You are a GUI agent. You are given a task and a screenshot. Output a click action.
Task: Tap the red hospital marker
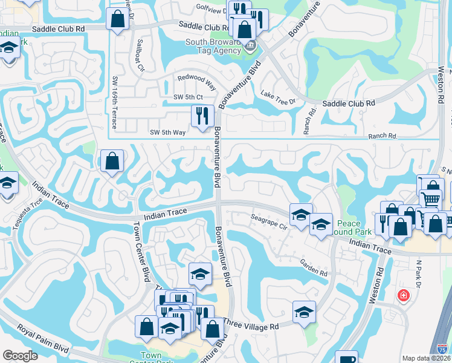point(402,296)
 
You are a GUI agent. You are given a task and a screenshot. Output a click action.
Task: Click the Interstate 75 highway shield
point(443,348)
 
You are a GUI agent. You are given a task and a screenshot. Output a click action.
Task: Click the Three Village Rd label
point(251,325)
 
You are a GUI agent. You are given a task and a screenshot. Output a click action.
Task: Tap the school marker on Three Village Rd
point(304,312)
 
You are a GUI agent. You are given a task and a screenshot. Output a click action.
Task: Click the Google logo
point(20,356)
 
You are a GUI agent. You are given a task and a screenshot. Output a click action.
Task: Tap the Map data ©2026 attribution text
point(426,358)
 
